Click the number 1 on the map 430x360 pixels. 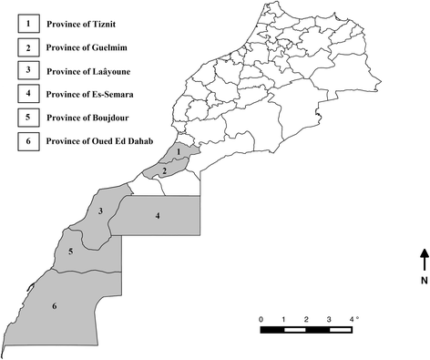179,152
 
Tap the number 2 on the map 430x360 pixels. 163,170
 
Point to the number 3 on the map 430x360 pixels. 100,211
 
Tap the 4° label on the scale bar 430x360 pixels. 354,318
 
